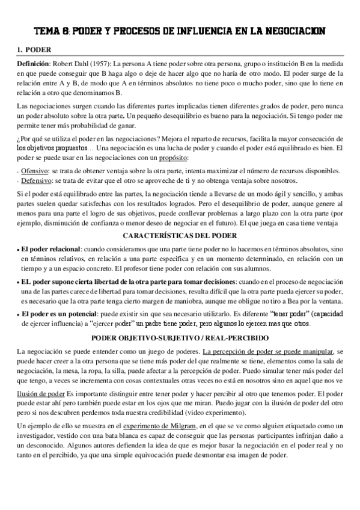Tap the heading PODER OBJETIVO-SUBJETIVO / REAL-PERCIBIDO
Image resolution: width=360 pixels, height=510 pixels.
coord(180,337)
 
